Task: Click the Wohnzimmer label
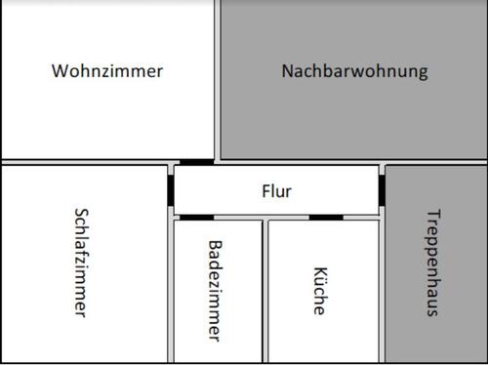coord(107,71)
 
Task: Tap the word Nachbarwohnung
coord(354,71)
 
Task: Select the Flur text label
coord(276,191)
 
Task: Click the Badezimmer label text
coord(216,291)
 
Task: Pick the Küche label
coord(319,290)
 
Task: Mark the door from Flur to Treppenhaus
coord(382,190)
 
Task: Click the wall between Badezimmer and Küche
coord(265,291)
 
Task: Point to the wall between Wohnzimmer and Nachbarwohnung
coord(217,78)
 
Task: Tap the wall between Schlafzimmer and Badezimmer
coord(171,291)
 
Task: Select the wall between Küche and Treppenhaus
coord(382,291)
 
